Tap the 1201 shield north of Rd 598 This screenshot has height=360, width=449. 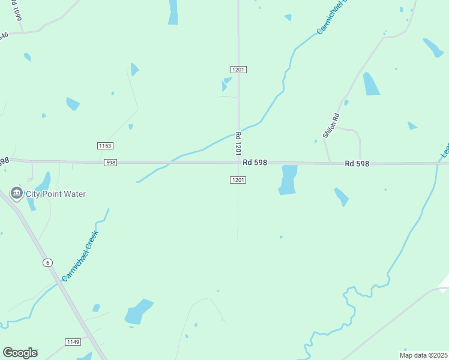pos(238,70)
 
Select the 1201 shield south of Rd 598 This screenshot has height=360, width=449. pos(238,180)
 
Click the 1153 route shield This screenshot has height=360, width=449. pos(105,146)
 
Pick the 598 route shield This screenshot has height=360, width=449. pos(110,163)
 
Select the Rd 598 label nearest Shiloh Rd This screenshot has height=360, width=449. pos(357,164)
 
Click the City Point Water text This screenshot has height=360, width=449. pos(56,194)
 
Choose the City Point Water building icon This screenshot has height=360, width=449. pos(16,193)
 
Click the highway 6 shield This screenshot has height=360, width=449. pos(47,263)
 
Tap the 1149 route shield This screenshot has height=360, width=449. pos(73,342)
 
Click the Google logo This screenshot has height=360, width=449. pos(20,353)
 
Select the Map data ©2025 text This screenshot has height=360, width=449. pos(423,355)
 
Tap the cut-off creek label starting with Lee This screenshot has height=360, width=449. pos(444,148)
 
